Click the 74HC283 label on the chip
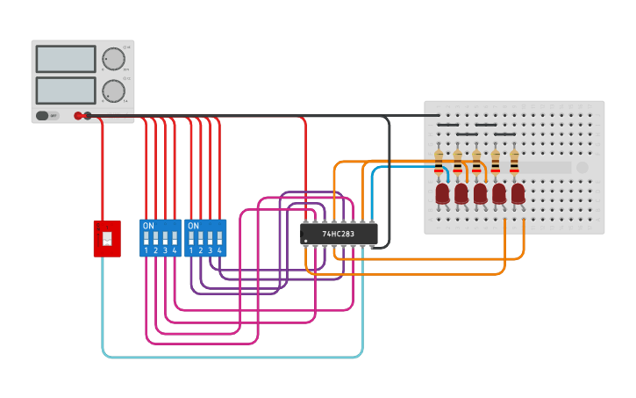pyautogui.click(x=339, y=235)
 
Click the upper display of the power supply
pyautogui.click(x=66, y=59)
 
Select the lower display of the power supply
pyautogui.click(x=66, y=90)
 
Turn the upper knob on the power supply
pyautogui.click(x=113, y=59)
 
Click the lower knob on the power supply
pyautogui.click(x=113, y=90)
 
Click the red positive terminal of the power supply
pyautogui.click(x=78, y=115)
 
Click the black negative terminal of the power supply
pyautogui.click(x=88, y=115)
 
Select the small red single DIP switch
pyautogui.click(x=107, y=238)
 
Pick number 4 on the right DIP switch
pyautogui.click(x=219, y=251)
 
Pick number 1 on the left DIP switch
pyautogui.click(x=146, y=251)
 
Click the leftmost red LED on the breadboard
pyautogui.click(x=442, y=193)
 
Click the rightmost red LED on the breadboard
pyautogui.click(x=518, y=193)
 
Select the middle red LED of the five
pyautogui.click(x=480, y=193)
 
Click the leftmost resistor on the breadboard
pyautogui.click(x=439, y=162)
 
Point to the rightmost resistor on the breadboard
pyautogui.click(x=514, y=162)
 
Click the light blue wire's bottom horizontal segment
pyautogui.click(x=232, y=357)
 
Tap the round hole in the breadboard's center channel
pyautogui.click(x=582, y=167)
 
